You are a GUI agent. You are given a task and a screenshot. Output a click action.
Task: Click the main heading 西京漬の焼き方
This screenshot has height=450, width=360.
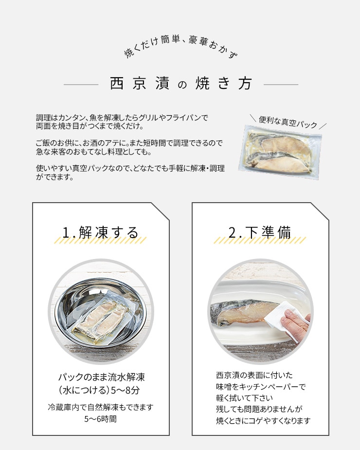click(181, 84)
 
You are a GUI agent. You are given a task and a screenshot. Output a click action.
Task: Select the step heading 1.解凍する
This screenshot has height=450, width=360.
click(101, 232)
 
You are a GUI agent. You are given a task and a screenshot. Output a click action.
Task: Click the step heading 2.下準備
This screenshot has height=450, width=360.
click(260, 232)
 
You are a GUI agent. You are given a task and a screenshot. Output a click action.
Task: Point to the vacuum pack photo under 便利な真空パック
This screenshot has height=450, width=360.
click(280, 153)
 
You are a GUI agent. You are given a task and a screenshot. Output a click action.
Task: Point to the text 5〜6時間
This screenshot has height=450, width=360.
click(101, 419)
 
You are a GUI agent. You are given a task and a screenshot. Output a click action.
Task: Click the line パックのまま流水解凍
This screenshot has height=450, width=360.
click(101, 377)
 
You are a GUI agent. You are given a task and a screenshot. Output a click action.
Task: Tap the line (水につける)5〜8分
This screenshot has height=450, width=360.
click(99, 390)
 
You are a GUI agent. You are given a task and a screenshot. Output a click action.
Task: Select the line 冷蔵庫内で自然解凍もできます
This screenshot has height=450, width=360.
click(101, 407)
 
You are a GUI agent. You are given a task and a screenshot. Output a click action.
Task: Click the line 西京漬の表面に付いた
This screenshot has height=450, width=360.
click(254, 375)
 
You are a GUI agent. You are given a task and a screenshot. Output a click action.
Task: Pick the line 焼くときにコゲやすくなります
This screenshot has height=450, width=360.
click(264, 421)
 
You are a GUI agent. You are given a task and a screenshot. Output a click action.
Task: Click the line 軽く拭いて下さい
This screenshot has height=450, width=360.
click(245, 398)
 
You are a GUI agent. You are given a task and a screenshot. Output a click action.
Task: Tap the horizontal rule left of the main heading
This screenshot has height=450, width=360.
click(81, 85)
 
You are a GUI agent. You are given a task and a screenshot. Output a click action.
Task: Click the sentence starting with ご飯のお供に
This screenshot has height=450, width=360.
click(129, 147)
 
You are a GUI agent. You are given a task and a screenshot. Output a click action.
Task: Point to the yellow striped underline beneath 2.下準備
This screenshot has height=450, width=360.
click(259, 240)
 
